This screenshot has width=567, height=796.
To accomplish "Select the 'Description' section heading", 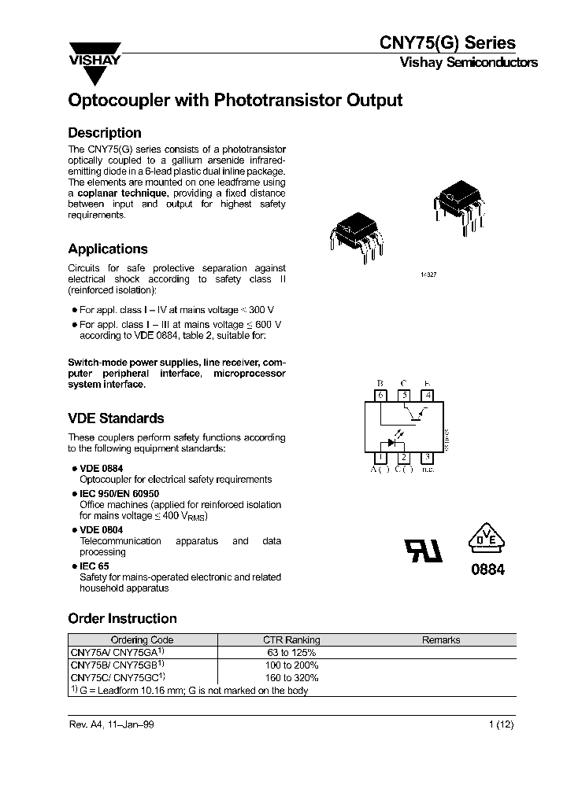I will coord(105,133).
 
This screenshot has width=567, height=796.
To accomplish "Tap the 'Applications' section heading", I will coord(108,249).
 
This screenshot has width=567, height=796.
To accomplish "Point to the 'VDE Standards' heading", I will coord(116,418).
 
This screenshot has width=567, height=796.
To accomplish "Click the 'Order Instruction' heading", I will coord(122,618).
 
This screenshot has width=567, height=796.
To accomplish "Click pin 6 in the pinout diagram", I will coord(381,396).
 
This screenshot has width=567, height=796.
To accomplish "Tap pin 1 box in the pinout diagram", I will coord(381,457).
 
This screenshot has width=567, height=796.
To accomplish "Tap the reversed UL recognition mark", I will coord(423,550).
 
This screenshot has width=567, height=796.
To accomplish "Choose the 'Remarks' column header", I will coord(441,640).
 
